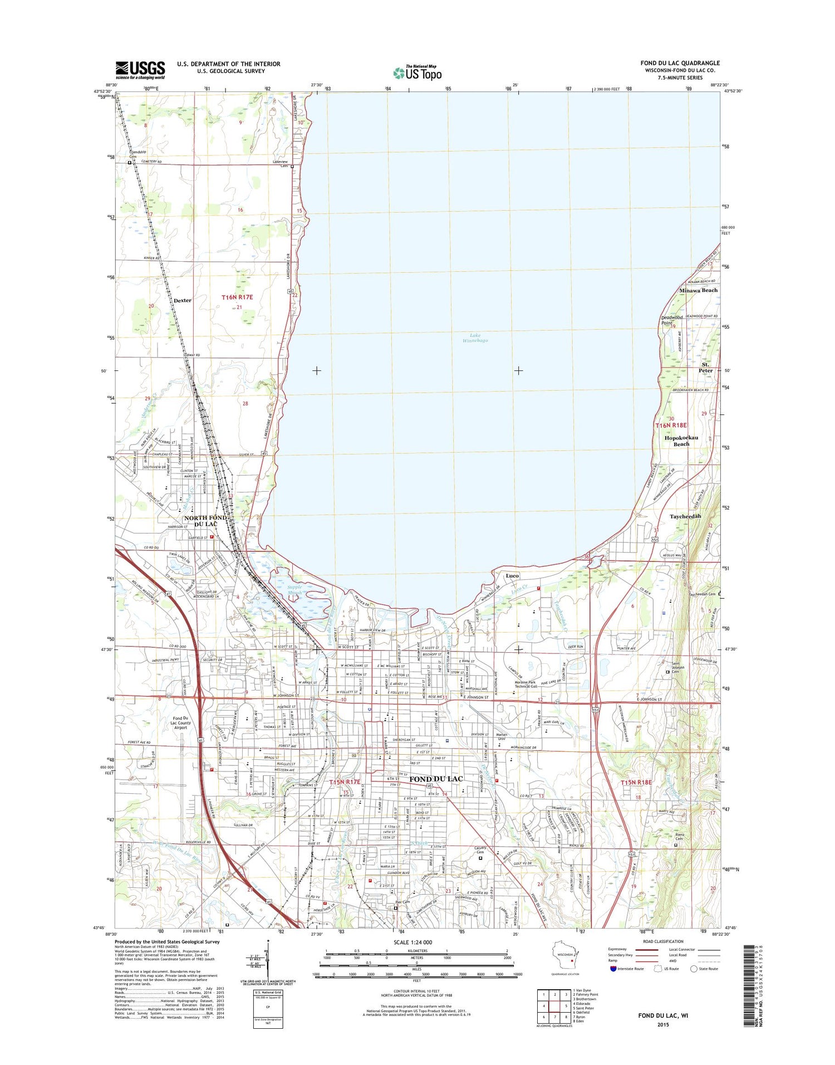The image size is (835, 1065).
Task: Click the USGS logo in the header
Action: point(140,70)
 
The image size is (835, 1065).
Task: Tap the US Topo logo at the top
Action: point(417,72)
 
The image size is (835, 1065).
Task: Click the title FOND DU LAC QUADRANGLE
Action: point(680,63)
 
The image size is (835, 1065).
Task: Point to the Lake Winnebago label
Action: point(475,338)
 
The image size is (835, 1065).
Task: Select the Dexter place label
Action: point(182,300)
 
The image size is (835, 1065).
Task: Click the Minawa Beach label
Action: point(698,290)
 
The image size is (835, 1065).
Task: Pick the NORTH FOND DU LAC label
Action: point(205,521)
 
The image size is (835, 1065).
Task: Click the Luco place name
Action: point(512,575)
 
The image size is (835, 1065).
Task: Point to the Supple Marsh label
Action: point(294,590)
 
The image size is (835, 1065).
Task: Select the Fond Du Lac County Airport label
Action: point(180,723)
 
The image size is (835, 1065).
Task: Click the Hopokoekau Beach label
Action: point(681,441)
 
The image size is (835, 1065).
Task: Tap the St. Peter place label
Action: point(706,367)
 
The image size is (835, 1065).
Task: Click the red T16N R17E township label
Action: point(237,297)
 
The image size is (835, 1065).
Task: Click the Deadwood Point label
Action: point(672,320)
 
